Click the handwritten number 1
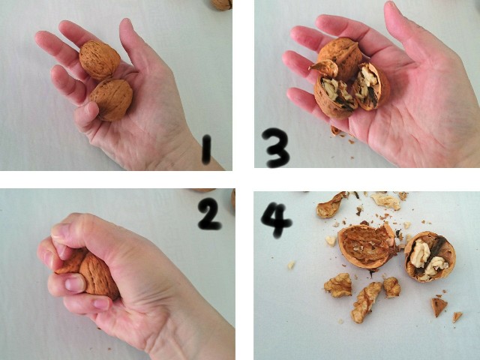207,149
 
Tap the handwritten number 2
209,214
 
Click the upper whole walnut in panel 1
100,60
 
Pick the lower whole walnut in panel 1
112,100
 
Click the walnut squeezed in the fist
91,273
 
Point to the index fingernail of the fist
74,283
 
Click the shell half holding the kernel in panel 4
430,256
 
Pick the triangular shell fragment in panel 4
438,307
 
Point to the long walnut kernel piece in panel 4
366,302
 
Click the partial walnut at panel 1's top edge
221,4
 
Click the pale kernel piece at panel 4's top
385,201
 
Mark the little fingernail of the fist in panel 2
101,304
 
